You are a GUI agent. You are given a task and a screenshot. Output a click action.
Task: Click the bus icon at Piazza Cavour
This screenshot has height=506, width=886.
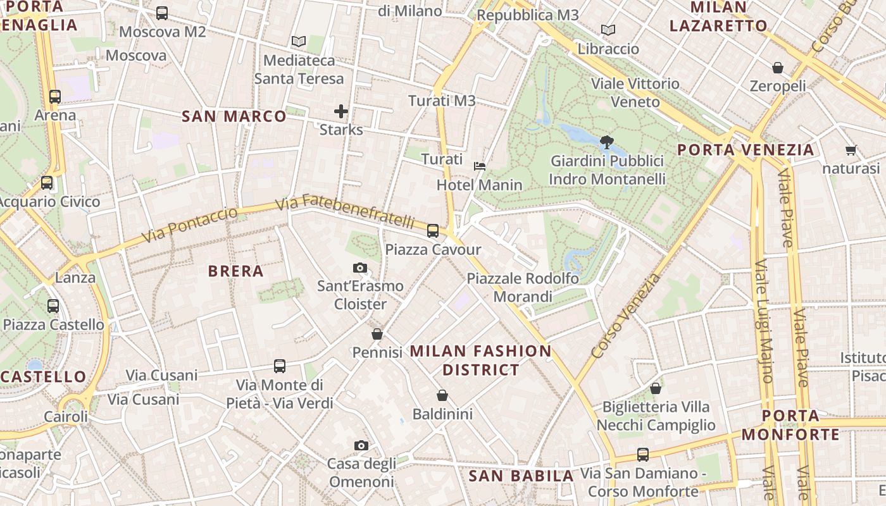(x=433, y=231)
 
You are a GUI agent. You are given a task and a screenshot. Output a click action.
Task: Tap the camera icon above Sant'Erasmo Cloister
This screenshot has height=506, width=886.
(x=360, y=268)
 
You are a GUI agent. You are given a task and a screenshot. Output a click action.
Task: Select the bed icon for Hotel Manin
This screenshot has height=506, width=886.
(x=480, y=166)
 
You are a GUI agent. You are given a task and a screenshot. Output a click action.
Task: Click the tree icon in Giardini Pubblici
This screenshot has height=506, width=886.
(x=606, y=142)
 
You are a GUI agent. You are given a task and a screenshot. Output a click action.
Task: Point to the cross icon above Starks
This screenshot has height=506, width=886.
(x=341, y=112)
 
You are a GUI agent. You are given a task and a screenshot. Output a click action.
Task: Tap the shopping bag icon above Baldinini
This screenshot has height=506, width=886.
(x=442, y=396)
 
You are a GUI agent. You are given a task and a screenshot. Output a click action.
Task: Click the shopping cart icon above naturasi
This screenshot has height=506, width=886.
(x=851, y=151)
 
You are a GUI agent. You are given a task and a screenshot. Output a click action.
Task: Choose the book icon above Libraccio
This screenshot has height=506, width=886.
(x=608, y=30)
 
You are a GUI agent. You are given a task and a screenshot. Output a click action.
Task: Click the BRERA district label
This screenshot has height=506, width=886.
(x=235, y=271)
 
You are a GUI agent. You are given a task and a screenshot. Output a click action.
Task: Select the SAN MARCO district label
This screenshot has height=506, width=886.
(x=234, y=116)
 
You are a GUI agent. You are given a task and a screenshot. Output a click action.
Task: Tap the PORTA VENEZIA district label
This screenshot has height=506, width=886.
(x=746, y=150)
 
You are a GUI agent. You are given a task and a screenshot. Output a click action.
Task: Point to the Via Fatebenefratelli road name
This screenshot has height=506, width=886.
(x=346, y=213)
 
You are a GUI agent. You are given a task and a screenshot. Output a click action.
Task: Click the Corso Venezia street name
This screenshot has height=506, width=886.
(x=626, y=316)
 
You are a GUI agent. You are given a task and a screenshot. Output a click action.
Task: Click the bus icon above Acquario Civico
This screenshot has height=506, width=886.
(x=47, y=183)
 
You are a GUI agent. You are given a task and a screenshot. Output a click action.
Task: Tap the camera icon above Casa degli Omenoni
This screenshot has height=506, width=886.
(x=361, y=446)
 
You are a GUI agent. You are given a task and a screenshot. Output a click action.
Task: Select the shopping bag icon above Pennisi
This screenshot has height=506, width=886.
(x=377, y=334)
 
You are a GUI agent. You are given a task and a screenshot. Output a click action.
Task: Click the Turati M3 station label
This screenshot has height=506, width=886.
(x=442, y=101)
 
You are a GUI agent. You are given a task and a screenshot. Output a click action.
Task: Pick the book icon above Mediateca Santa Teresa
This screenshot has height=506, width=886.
(x=299, y=42)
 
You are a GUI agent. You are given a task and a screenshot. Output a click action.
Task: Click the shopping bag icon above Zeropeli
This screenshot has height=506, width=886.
(x=778, y=68)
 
